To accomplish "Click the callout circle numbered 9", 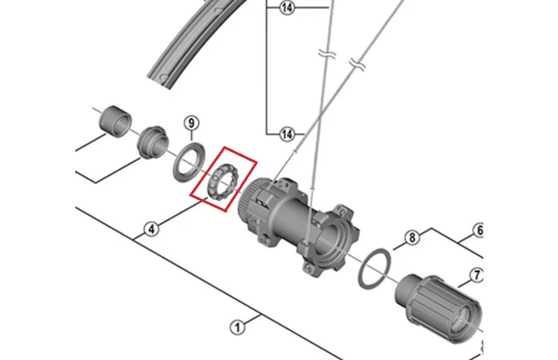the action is (191, 123).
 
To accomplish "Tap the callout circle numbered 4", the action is (151, 229).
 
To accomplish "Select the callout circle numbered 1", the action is (237, 327).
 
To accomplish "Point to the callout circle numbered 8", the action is (412, 237).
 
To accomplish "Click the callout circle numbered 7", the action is (476, 276).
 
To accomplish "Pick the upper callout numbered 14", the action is (287, 8).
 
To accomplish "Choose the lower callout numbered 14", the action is (287, 134).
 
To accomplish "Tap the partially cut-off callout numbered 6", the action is (478, 230).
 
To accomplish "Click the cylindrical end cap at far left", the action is (114, 121).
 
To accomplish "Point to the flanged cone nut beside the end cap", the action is (152, 142).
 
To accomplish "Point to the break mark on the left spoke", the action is (327, 54).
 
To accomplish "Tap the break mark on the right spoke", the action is (357, 64).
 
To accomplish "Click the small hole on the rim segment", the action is (163, 78).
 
